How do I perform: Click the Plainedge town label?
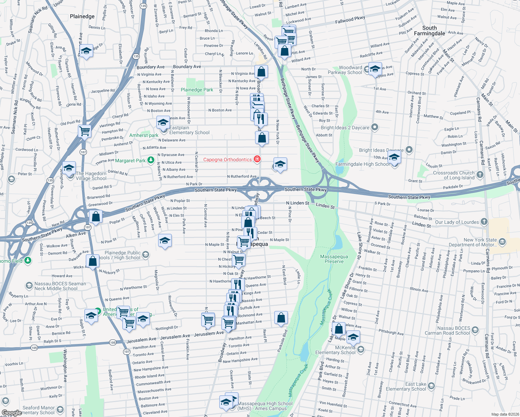tap(82, 16)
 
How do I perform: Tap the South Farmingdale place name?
tap(429, 31)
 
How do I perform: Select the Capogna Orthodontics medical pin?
tap(257, 159)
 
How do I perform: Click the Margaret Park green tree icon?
tap(151, 160)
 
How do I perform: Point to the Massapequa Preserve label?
tap(334, 259)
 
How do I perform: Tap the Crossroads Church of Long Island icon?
tap(480, 174)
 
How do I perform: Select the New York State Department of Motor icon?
tap(502, 242)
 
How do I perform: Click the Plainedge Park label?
tap(197, 90)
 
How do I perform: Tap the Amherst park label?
tap(144, 135)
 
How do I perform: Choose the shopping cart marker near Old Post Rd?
tap(84, 131)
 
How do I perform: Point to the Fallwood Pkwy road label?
tap(350, 20)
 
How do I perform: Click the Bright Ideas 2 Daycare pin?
tap(374, 127)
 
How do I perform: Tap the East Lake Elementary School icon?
tap(431, 386)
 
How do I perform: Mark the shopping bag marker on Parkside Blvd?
tap(281, 318)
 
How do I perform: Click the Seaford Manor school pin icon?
tap(60, 410)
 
